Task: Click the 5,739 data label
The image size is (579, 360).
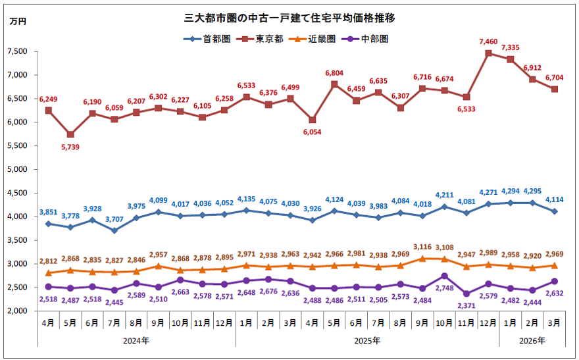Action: pos(70,147)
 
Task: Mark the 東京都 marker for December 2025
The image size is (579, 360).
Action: pos(488,53)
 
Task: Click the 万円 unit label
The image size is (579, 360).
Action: pos(18,22)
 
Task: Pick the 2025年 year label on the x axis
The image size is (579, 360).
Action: pos(367,341)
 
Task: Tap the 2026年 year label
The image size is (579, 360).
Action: pos(532,341)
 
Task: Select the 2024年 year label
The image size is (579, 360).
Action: pos(136,341)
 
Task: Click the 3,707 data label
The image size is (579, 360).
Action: pos(114,219)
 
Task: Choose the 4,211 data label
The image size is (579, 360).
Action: pos(445,195)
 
